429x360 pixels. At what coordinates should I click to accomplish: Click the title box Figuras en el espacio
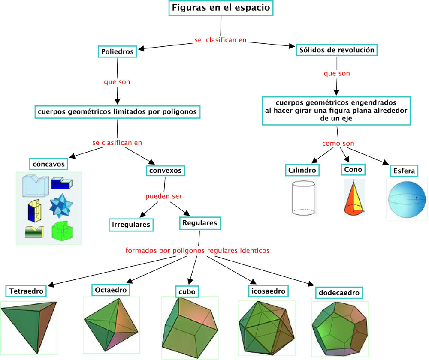tap(221, 8)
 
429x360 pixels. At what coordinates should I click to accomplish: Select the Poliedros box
tap(118, 52)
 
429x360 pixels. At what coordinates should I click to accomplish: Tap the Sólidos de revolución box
tap(337, 50)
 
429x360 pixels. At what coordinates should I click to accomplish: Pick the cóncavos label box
tap(49, 164)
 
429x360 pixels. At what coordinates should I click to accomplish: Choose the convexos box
tap(166, 171)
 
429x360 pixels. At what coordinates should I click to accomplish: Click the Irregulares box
tap(131, 224)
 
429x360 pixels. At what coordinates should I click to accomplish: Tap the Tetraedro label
tap(27, 291)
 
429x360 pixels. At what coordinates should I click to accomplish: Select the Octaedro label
tap(111, 290)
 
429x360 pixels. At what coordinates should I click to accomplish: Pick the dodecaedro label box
tap(339, 293)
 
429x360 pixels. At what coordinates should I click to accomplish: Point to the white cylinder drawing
tap(304, 198)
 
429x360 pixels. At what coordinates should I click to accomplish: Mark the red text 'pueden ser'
tap(163, 196)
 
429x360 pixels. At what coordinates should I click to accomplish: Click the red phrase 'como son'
tap(338, 144)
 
